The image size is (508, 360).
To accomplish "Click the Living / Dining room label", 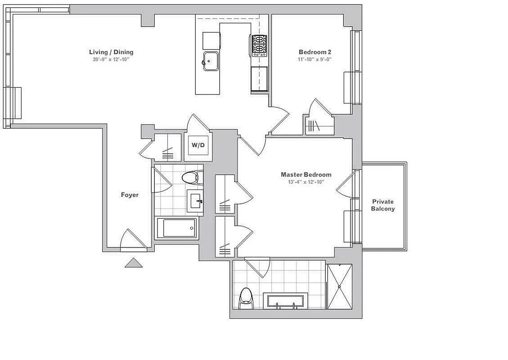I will point(111,52).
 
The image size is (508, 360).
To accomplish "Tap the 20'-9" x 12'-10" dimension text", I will point(111,59).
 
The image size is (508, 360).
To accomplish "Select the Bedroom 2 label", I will point(315,52).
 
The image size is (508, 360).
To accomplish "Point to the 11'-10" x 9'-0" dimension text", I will point(315,59).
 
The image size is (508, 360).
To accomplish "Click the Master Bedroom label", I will point(306,175).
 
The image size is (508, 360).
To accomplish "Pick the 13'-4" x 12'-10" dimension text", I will point(306,182).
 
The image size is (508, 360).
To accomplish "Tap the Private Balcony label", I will point(383,205).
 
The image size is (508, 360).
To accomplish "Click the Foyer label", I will point(130,195).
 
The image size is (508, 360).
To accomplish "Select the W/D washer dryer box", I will point(198,145).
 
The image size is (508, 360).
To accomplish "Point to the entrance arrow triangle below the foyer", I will point(134,263).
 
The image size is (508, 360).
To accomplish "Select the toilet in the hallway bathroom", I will point(191,177).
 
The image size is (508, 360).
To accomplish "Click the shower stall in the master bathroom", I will point(340,286).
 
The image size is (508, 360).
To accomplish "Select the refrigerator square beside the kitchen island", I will point(211,41).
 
